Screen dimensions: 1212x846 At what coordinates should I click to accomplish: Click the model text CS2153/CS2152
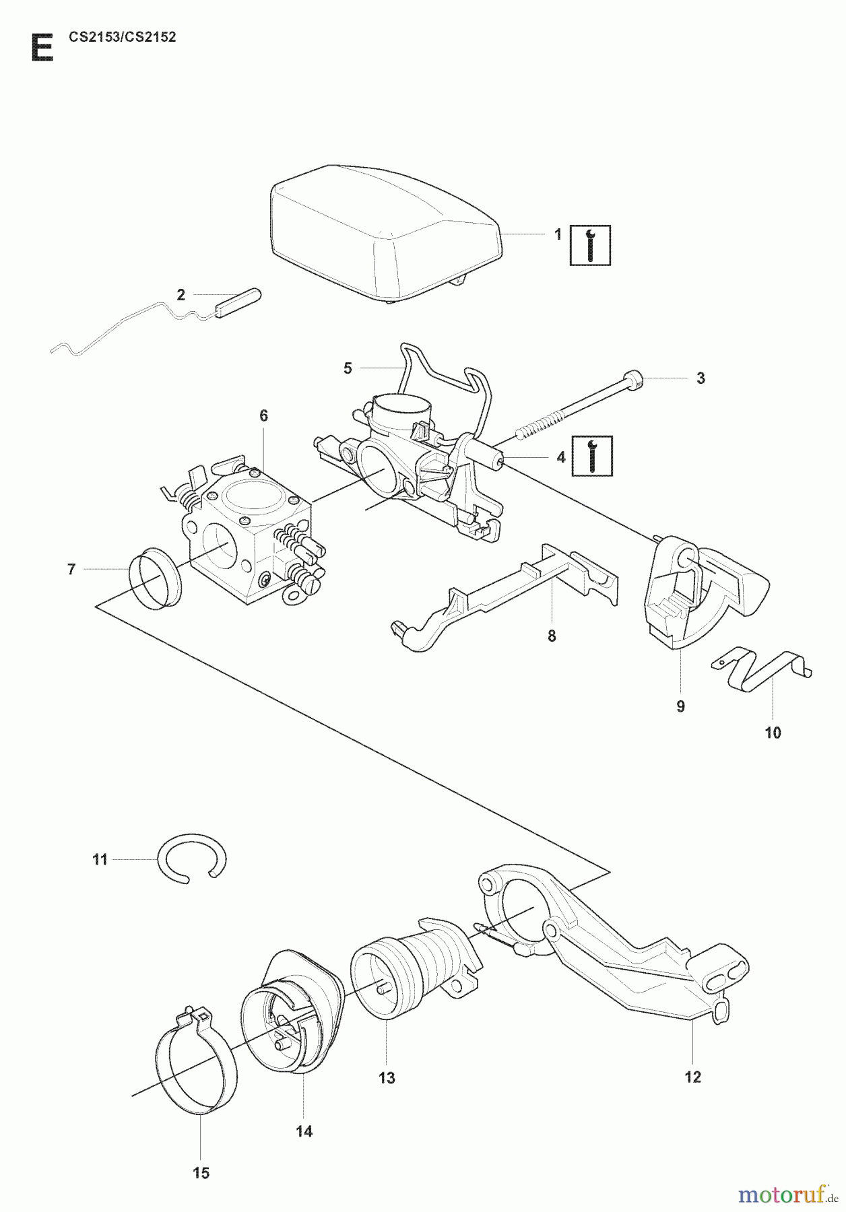tap(122, 38)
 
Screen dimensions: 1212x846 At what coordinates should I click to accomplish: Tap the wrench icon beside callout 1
tap(590, 244)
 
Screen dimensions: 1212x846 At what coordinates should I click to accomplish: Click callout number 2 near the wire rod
tap(181, 294)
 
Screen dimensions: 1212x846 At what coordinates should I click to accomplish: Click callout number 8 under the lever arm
tap(552, 636)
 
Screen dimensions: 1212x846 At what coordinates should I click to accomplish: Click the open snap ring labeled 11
tap(192, 858)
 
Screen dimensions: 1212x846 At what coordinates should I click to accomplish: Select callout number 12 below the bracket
tap(692, 1077)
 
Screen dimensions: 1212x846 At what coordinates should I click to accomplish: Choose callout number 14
tap(304, 1131)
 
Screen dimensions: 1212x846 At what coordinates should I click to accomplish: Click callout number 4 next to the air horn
tap(560, 457)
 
